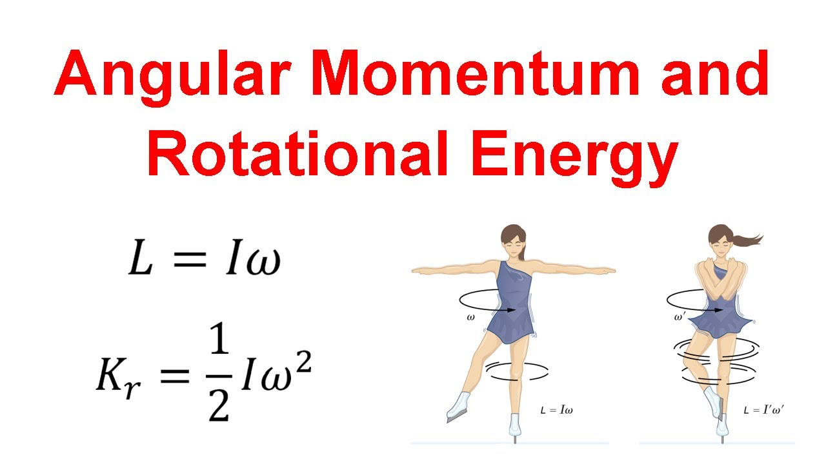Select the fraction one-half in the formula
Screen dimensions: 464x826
pos(220,377)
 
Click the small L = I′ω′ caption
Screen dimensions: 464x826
pos(763,409)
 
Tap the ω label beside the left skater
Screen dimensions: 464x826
pos(469,317)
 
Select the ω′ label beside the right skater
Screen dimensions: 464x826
pos(680,317)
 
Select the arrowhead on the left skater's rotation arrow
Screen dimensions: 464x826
pos(512,310)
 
